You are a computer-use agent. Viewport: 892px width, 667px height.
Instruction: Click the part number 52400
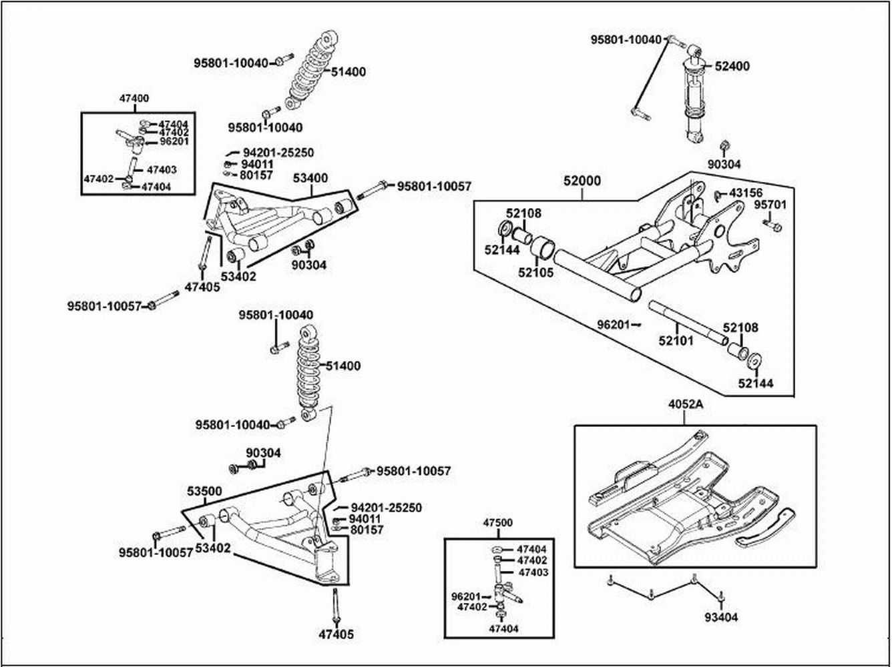click(x=732, y=66)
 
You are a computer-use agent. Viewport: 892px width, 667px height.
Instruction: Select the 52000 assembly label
click(x=582, y=181)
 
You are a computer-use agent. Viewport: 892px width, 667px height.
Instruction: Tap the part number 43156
click(x=746, y=193)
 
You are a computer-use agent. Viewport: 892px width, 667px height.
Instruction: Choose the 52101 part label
click(x=676, y=340)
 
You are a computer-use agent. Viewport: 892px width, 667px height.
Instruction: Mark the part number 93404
click(x=721, y=618)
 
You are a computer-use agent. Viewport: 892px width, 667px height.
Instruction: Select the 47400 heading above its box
click(x=134, y=98)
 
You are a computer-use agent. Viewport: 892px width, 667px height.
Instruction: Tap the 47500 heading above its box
click(x=497, y=523)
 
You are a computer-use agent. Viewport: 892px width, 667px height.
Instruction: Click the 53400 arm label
click(x=310, y=178)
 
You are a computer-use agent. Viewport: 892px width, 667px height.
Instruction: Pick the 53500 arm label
click(x=204, y=492)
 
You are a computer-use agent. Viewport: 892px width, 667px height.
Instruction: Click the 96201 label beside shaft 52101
click(x=614, y=325)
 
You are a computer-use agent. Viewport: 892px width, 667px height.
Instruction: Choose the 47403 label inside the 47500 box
click(x=532, y=572)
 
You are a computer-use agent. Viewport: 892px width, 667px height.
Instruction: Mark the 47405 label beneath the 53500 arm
click(x=336, y=635)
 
